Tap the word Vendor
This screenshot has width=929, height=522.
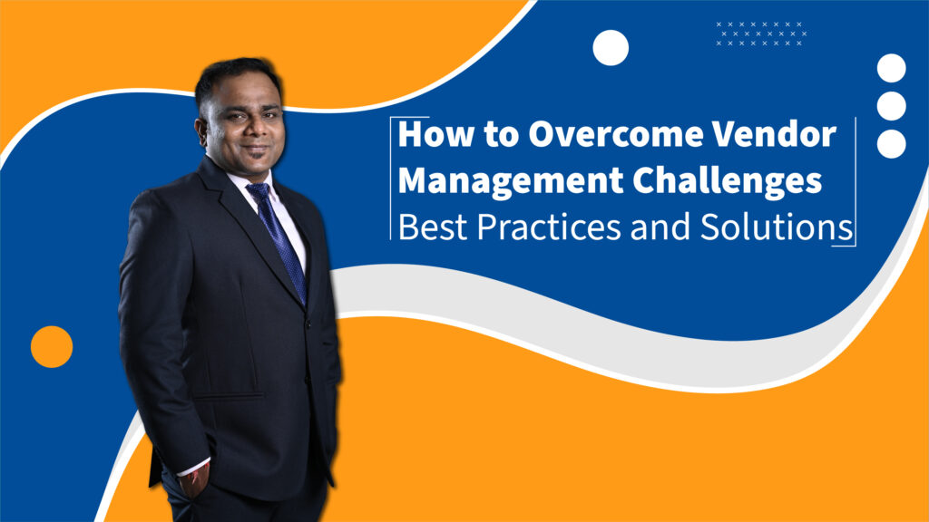(774, 134)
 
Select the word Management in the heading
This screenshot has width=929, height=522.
(511, 180)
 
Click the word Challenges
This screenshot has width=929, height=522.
(728, 180)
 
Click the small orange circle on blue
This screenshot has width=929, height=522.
(52, 347)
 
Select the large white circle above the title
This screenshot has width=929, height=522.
(611, 48)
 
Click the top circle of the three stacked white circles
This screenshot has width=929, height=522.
(891, 68)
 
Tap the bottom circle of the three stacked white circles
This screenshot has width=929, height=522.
(891, 144)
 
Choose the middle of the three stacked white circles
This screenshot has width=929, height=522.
(891, 106)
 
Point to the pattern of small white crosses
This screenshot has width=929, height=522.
(761, 34)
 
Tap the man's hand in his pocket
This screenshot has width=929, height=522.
(194, 480)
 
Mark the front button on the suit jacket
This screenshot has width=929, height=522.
(308, 324)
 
